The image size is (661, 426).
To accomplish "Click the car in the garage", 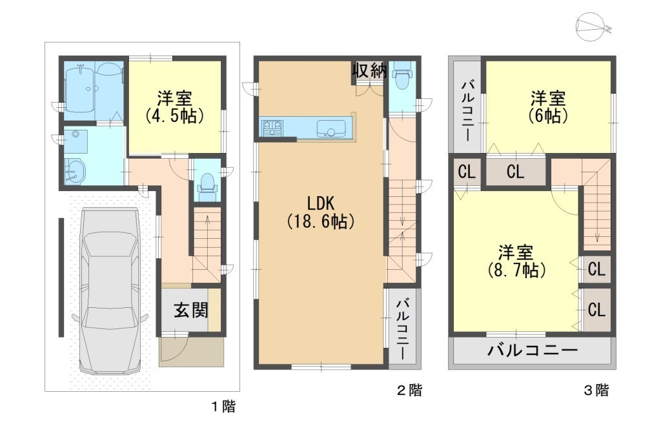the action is [110, 290].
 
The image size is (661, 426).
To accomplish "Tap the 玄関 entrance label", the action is [191, 310].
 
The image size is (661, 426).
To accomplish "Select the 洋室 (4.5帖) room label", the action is [175, 107].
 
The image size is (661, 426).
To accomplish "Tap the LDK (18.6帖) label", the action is [320, 212].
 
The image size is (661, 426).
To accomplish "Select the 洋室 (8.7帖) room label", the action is [516, 261].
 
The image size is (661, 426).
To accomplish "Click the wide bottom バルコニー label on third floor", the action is [533, 350].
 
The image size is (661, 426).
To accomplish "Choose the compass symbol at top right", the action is [591, 27].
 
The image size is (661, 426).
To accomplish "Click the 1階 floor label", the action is [223, 407].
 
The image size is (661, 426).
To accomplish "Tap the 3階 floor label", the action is [596, 391].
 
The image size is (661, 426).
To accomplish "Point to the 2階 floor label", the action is [409, 391].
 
